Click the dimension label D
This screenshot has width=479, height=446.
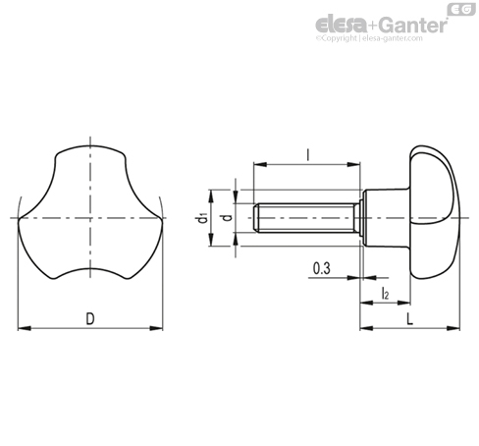90,318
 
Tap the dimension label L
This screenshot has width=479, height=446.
409,318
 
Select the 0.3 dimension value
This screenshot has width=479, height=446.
322,268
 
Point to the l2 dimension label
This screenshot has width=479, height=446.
385,294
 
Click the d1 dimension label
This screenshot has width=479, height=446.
203,218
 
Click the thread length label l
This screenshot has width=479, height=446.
307,154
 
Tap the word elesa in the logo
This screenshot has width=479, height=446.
341,25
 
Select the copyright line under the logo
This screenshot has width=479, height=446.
369,38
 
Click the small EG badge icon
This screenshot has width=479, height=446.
461,9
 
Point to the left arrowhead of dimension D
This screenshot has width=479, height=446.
25,328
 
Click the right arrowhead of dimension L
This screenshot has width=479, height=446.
453,328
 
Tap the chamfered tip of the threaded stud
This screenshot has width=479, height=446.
256,218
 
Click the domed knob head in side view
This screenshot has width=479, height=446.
434,212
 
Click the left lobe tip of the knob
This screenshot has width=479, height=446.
19,219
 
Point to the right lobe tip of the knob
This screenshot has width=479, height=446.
161,219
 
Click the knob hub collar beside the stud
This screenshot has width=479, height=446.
386,218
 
